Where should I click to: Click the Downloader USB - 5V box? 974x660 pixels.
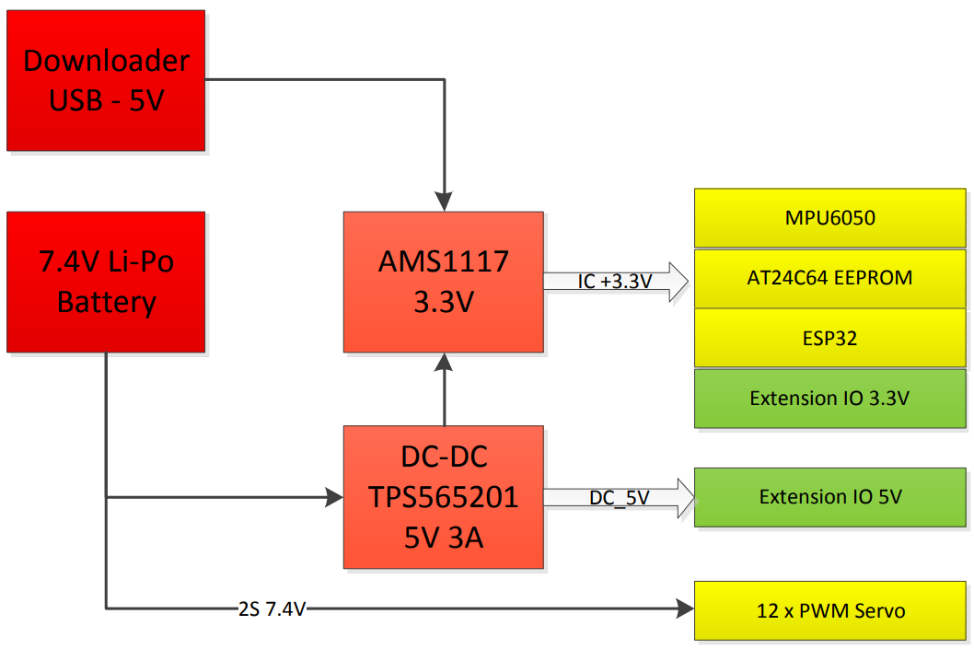(106, 80)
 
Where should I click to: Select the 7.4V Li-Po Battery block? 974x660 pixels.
(106, 282)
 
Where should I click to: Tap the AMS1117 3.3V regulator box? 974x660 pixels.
(443, 282)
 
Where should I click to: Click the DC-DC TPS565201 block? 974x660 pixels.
(443, 497)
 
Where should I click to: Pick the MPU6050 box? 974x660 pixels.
(830, 219)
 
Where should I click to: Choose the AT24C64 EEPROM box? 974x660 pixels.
(830, 278)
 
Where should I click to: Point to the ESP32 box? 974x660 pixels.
(830, 338)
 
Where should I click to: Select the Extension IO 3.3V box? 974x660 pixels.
(830, 399)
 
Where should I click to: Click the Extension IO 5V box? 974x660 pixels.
(830, 497)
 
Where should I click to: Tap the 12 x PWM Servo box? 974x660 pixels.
(830, 610)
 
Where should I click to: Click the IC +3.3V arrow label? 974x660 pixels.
(615, 283)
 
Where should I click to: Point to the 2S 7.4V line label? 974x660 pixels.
(272, 608)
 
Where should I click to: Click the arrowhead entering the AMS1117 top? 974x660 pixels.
(445, 203)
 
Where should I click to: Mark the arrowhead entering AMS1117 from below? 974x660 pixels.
(445, 362)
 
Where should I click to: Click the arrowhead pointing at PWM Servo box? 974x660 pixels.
(685, 608)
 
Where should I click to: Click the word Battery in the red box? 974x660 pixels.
(106, 302)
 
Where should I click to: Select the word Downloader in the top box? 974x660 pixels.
(106, 61)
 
